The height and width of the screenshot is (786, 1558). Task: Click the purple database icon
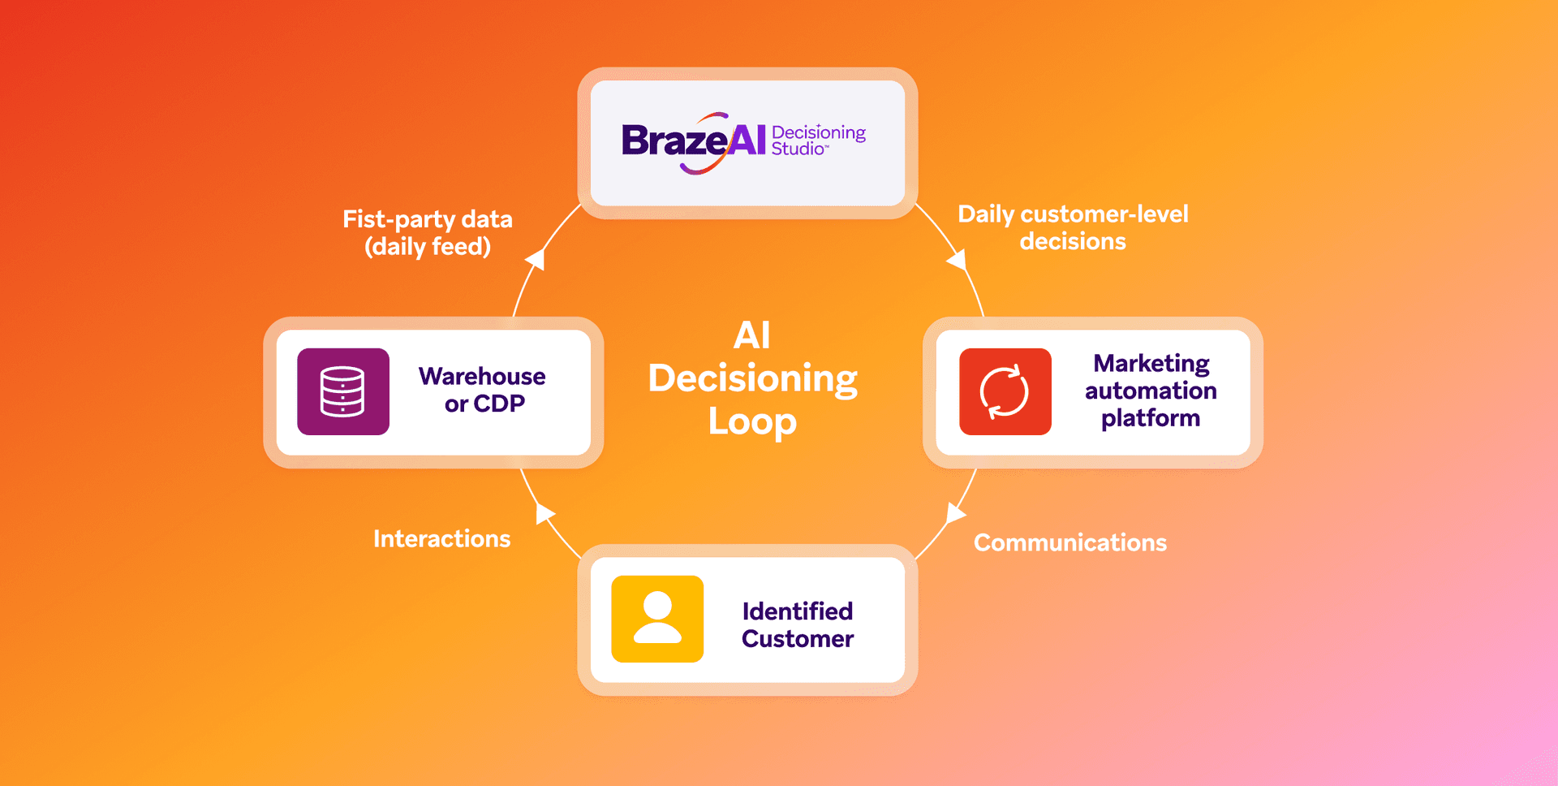(343, 391)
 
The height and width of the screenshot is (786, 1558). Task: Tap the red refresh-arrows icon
(1005, 391)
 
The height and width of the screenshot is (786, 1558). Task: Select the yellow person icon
(657, 619)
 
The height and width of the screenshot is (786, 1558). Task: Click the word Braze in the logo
(674, 141)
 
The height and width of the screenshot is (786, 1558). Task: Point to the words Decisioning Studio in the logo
(817, 140)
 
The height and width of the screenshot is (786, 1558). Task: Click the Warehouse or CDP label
(483, 390)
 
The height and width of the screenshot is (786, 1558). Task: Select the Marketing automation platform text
(1151, 391)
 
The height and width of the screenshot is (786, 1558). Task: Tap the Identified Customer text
(798, 624)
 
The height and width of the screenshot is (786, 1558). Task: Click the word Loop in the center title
(752, 421)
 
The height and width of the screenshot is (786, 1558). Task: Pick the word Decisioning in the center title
(752, 378)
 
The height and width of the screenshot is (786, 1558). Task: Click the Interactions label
(441, 538)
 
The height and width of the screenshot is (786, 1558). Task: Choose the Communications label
(1070, 542)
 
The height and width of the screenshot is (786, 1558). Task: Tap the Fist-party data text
(428, 219)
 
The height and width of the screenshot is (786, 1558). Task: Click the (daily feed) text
(428, 246)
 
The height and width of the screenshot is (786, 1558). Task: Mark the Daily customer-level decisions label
(1073, 227)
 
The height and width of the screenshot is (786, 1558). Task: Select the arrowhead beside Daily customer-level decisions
(958, 260)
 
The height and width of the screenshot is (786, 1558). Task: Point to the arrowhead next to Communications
(955, 513)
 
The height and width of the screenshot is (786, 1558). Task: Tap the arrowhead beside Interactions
(544, 512)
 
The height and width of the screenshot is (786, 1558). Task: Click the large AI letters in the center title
(751, 335)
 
